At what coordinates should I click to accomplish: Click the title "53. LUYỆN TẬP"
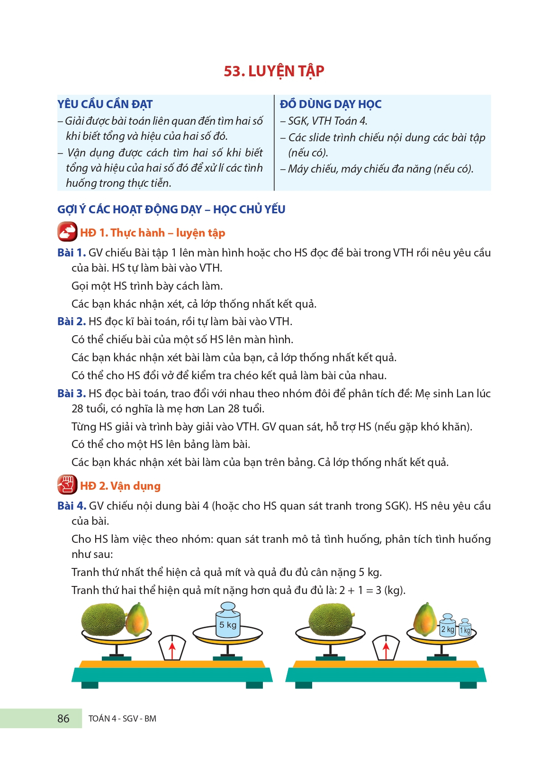(274, 71)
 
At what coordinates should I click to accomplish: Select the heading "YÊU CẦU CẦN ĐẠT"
(105, 104)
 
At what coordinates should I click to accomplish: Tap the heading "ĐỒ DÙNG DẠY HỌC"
(330, 104)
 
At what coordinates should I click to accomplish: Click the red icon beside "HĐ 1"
(67, 232)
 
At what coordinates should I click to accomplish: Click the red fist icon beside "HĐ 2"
(67, 485)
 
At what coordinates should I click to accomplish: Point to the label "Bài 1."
(71, 253)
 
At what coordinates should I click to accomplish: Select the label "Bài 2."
(71, 321)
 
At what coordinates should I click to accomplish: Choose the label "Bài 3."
(71, 393)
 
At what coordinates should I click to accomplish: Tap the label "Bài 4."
(71, 506)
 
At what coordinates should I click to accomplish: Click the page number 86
(63, 719)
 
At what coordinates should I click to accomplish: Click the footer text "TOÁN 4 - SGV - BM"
(122, 719)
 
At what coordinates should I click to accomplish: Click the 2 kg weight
(447, 627)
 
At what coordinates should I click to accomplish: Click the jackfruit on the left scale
(103, 618)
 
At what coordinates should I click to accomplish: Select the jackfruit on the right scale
(331, 618)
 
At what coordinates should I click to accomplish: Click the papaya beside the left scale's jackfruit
(137, 619)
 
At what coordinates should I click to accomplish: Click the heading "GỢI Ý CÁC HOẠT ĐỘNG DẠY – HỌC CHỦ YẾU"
(171, 210)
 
